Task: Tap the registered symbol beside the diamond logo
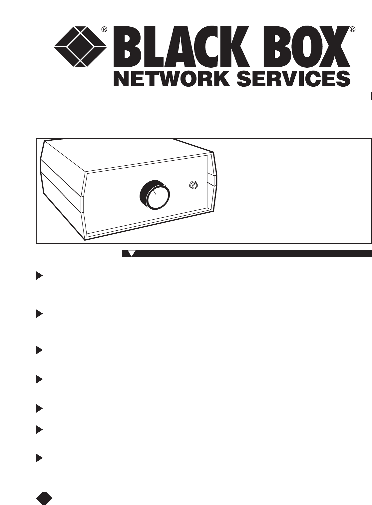pos(104,29)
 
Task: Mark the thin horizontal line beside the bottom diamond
pos(213,498)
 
